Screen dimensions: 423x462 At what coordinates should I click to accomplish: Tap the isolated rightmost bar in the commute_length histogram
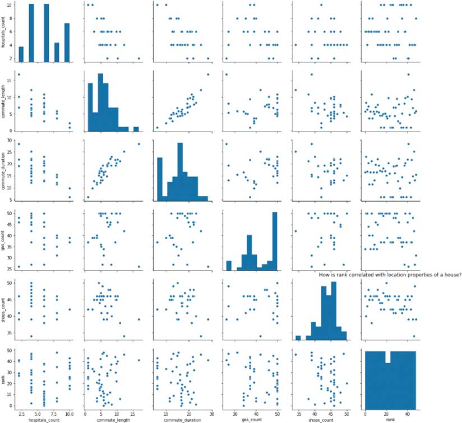click(x=136, y=128)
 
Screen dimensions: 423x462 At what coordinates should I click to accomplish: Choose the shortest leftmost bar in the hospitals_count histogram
click(x=21, y=54)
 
